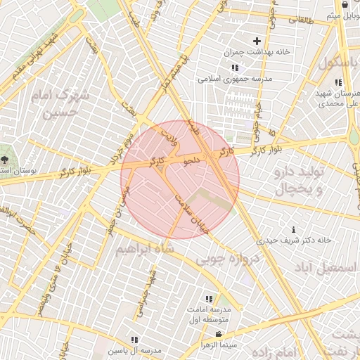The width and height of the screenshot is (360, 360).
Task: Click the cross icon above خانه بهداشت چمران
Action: click(x=257, y=41)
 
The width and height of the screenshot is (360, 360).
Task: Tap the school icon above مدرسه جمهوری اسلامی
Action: click(x=234, y=68)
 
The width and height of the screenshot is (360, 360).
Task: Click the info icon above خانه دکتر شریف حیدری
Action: click(x=293, y=229)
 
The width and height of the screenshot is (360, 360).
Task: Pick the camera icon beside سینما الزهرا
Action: click(x=219, y=334)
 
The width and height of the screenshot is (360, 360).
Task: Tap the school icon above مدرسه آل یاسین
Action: click(x=134, y=340)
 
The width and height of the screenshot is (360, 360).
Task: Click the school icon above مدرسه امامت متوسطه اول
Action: click(x=208, y=300)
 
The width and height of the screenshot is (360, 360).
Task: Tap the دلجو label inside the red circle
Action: click(x=192, y=160)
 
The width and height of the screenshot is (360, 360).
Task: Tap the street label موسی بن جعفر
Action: click(x=118, y=205)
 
